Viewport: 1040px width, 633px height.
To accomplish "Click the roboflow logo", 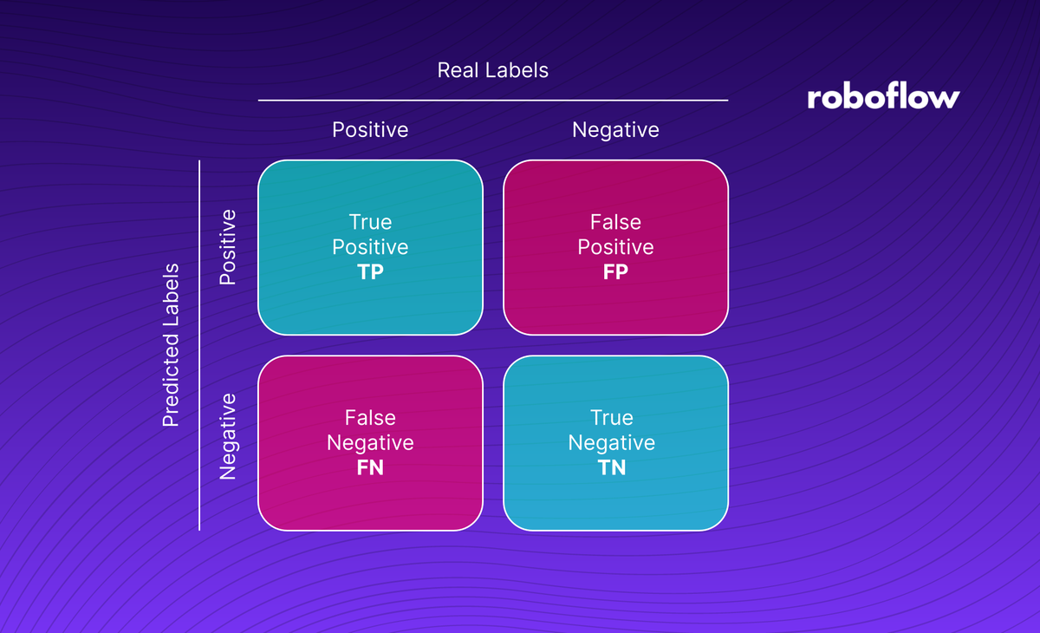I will (x=883, y=96).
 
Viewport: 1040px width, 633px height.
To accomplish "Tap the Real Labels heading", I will (x=492, y=70).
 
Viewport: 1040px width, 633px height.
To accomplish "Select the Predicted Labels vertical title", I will (x=171, y=345).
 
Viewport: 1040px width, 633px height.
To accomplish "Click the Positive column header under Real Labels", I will (x=370, y=130).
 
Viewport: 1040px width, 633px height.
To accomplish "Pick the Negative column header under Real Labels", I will (x=615, y=130).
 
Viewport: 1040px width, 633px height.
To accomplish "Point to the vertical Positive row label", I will (x=227, y=247).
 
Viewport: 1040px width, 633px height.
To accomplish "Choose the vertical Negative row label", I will (x=227, y=436).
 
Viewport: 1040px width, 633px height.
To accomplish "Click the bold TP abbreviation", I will (x=370, y=271).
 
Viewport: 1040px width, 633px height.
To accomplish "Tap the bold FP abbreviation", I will (x=615, y=271).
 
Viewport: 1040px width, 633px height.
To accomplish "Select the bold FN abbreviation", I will (x=370, y=467).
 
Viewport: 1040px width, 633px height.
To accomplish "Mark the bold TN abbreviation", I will (x=612, y=467).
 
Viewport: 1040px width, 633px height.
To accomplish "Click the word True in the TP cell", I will (x=370, y=223).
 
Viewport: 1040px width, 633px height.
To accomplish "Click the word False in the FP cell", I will (x=615, y=223).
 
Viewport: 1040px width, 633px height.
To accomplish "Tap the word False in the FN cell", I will (x=370, y=418).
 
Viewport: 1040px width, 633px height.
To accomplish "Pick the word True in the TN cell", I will (x=612, y=418).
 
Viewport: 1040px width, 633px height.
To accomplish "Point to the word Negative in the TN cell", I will (x=612, y=443).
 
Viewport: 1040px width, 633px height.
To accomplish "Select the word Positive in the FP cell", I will (x=615, y=247).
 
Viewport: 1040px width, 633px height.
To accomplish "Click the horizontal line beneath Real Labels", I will (x=492, y=101).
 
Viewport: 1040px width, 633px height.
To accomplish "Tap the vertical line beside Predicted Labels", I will (x=199, y=345).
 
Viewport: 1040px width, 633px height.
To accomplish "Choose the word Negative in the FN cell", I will (x=370, y=443).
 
